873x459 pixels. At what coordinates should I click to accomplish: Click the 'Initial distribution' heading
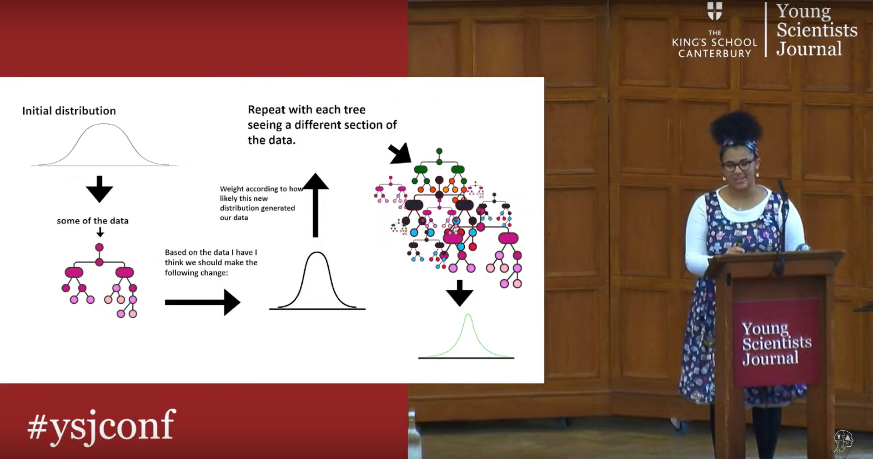[x=69, y=111]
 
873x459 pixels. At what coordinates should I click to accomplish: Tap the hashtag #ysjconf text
[x=101, y=426]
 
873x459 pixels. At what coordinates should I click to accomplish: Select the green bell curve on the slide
[x=468, y=336]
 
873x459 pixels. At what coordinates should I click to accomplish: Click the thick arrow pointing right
[x=202, y=302]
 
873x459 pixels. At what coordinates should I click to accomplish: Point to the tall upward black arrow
[x=316, y=205]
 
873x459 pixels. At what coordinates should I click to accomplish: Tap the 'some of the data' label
[x=93, y=221]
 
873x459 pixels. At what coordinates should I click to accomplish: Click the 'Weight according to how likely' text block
[x=261, y=203]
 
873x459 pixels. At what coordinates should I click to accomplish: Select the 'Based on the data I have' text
[x=211, y=262]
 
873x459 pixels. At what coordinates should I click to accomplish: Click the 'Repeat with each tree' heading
[x=322, y=125]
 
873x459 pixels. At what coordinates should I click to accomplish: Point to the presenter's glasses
[x=739, y=165]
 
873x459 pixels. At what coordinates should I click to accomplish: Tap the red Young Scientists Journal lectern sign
[x=776, y=343]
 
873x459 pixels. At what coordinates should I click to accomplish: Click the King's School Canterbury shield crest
[x=715, y=11]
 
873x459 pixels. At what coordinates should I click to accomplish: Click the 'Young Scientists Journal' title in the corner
[x=817, y=30]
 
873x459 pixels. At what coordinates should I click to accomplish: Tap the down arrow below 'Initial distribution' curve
[x=100, y=189]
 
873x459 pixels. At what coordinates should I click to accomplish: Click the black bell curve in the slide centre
[x=317, y=281]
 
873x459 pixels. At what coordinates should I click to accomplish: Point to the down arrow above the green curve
[x=460, y=293]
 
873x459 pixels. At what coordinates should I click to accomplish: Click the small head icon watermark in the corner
[x=844, y=441]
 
